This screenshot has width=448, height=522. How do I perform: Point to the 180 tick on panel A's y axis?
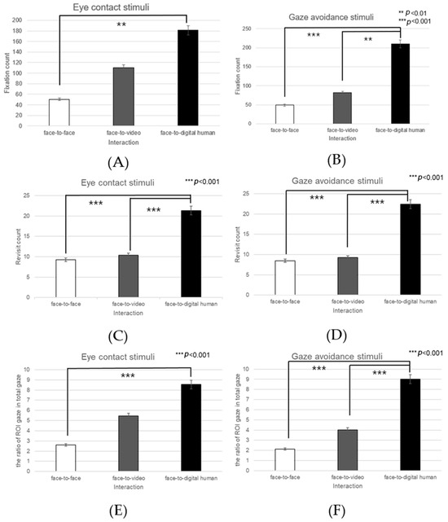coord(24,32)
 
